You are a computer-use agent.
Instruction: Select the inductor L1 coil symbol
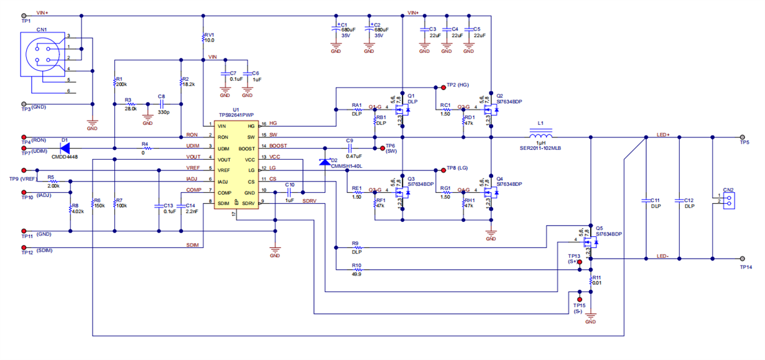pyautogui.click(x=540, y=136)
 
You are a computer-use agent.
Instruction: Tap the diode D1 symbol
pyautogui.click(x=63, y=148)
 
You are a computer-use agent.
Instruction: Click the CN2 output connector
pyautogui.click(x=728, y=200)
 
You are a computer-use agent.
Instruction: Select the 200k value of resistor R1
pyautogui.click(x=121, y=85)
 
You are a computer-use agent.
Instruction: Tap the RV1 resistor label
pyautogui.click(x=210, y=35)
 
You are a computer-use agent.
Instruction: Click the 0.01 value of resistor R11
pyautogui.click(x=596, y=283)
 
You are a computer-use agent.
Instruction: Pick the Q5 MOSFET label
pyautogui.click(x=600, y=228)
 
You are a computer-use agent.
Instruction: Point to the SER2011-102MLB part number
pyautogui.click(x=540, y=148)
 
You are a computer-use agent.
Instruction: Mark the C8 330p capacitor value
pyautogui.click(x=161, y=114)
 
